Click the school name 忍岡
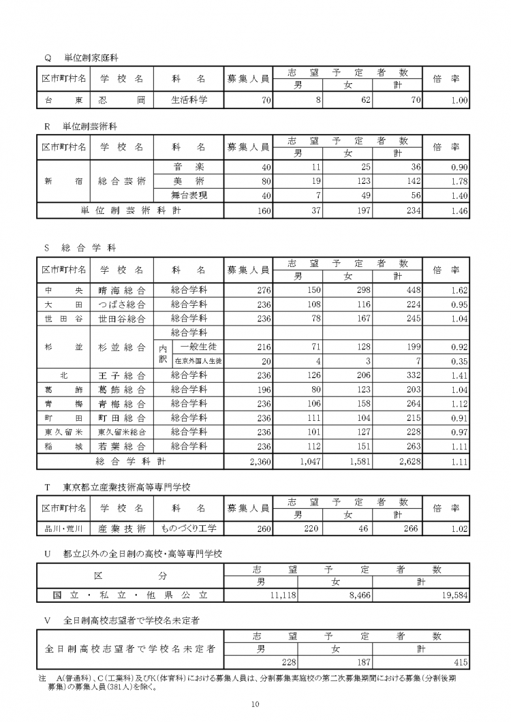tap(122, 100)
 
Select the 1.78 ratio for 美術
tap(458, 181)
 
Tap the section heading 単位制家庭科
tap(92, 57)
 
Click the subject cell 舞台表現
tap(189, 195)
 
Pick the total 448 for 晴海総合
tap(405, 290)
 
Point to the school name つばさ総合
tap(122, 304)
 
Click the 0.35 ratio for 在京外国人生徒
tap(458, 361)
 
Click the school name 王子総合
tap(122, 375)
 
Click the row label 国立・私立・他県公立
tap(131, 595)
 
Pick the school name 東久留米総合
tap(122, 433)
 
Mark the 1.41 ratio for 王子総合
tap(458, 375)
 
